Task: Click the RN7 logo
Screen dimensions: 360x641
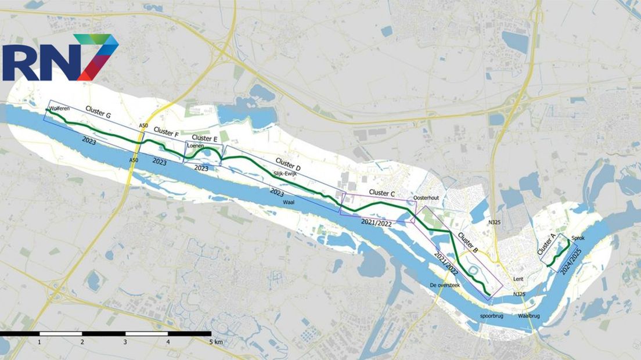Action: pyautogui.click(x=60, y=58)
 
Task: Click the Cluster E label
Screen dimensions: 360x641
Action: pyautogui.click(x=204, y=138)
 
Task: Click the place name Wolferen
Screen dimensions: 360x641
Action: pyautogui.click(x=60, y=109)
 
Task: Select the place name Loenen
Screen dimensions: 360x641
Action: pyautogui.click(x=195, y=146)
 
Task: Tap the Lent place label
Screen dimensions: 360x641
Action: pyautogui.click(x=518, y=279)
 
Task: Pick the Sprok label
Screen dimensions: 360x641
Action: pyautogui.click(x=578, y=238)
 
